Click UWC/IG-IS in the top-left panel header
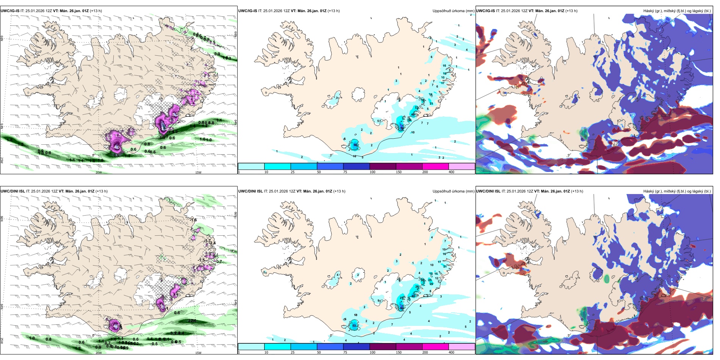pyautogui.click(x=10, y=11)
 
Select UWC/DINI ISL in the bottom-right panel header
pyautogui.click(x=488, y=191)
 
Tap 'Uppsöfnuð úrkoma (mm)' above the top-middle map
pyautogui.click(x=453, y=11)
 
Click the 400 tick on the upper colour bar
pyautogui.click(x=451, y=172)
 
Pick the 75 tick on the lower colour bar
pyautogui.click(x=345, y=352)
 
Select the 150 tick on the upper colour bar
pyautogui.click(x=399, y=172)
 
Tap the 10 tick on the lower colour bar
pyautogui.click(x=266, y=352)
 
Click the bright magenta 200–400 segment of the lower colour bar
pyautogui.click(x=435, y=347)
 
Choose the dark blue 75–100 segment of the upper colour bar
pyautogui.click(x=356, y=166)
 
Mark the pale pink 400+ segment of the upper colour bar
pyautogui.click(x=462, y=166)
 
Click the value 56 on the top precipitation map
pyautogui.click(x=355, y=145)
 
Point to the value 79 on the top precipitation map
pyautogui.click(x=402, y=128)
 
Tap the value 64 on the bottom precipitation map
pyautogui.click(x=402, y=308)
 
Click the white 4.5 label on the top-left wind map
pyautogui.click(x=117, y=147)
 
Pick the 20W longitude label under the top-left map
pyautogui.click(x=99, y=172)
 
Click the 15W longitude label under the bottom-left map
pyautogui.click(x=198, y=353)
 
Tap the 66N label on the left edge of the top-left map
pyautogui.click(x=2, y=39)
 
